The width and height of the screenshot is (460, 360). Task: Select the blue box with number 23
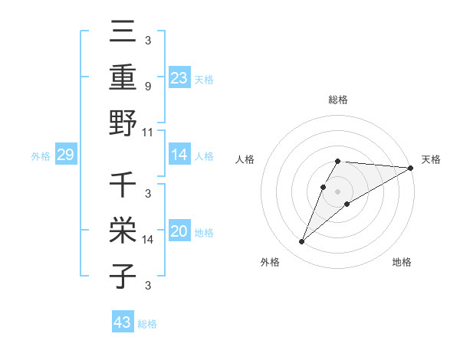(x=179, y=77)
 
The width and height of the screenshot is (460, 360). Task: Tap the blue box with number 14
(x=179, y=155)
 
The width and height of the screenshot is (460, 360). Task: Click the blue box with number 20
(x=179, y=232)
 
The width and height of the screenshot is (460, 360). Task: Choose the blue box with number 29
(x=65, y=155)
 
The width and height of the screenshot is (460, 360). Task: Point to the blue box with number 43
(x=122, y=322)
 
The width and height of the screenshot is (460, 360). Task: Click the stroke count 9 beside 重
(x=147, y=86)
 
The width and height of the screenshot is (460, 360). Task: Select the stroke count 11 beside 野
(x=148, y=132)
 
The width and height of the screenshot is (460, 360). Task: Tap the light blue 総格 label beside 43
(x=147, y=324)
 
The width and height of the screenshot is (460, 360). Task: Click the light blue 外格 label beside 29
(x=41, y=156)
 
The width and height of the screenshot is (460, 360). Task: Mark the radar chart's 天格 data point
(x=411, y=169)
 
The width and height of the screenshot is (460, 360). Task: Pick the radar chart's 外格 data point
(x=301, y=242)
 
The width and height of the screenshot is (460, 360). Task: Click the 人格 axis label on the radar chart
(x=245, y=159)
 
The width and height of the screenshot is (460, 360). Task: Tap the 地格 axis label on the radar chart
(x=402, y=262)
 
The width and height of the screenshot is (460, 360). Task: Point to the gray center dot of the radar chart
(x=338, y=191)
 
